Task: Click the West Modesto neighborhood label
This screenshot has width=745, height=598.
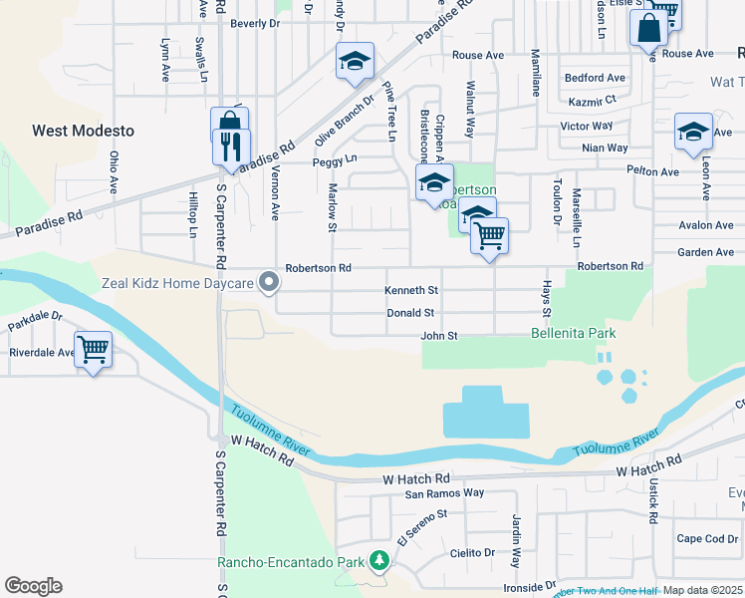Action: coord(83,131)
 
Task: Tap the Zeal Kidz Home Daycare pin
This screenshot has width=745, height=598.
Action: coord(268,284)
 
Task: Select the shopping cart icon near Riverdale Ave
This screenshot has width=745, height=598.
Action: coord(93,350)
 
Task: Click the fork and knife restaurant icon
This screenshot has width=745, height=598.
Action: coord(231,148)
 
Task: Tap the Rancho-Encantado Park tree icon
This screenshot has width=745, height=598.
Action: coord(378,562)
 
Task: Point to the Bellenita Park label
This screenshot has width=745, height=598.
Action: coord(573,333)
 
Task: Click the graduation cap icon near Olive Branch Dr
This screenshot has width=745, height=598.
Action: coord(354,62)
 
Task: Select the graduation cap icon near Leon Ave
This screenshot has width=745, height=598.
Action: coord(693,132)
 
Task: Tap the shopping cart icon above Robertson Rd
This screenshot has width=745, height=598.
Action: coord(489,237)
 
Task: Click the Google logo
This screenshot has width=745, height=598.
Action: coord(33,585)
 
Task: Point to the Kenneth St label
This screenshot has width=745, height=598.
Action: coord(412,291)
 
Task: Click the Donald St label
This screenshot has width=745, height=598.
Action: coord(410,313)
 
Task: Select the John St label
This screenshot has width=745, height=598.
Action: coord(438,336)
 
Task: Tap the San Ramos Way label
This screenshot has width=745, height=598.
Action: coord(444,492)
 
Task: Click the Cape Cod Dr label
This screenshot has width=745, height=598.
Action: coord(707,539)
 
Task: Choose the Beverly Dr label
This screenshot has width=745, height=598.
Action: coord(255,23)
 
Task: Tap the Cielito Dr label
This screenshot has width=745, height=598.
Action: coord(472,553)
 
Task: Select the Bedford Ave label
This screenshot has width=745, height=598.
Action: coord(595,78)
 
